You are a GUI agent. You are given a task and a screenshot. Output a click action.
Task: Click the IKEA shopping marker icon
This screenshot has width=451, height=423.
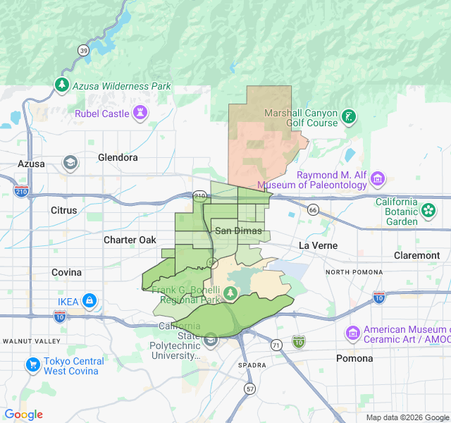89,302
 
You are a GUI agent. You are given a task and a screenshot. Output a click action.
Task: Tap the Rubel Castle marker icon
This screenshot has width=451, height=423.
141,113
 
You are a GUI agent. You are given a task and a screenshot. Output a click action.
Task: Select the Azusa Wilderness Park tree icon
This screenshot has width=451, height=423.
63,85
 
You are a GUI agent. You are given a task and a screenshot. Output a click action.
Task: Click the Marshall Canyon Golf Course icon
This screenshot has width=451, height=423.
349,117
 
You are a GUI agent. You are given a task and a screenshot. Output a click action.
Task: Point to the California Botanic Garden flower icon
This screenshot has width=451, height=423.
428,210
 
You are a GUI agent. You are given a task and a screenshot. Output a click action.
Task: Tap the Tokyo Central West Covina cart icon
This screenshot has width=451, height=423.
32,365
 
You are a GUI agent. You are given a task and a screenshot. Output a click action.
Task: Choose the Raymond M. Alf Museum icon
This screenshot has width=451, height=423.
378,179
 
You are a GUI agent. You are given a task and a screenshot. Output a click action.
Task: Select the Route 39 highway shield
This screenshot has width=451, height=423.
84,50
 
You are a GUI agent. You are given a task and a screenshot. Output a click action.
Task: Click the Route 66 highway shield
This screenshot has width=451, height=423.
313,209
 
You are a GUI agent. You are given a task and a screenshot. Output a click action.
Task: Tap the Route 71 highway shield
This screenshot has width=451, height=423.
276,345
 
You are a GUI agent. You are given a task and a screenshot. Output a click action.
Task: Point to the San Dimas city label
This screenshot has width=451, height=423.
238,231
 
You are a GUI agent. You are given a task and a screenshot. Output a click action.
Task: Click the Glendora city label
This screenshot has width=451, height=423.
118,157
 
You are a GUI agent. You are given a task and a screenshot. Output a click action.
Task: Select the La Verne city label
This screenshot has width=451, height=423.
318,245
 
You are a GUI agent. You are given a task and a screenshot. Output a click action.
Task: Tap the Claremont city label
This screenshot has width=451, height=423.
416,255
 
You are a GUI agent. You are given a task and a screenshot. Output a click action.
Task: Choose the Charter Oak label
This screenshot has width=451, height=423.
130,240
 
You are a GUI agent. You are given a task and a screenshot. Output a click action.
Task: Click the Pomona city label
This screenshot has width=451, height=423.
354,358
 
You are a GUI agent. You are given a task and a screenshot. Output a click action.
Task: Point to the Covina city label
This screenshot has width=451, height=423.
66,272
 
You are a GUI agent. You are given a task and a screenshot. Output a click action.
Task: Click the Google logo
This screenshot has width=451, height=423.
23,415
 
